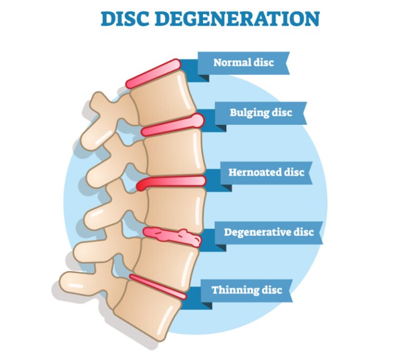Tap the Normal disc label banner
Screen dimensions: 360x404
[x=244, y=63]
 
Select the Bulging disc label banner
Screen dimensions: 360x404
[x=260, y=113]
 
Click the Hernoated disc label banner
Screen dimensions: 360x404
[x=266, y=173]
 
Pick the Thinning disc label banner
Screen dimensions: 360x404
[x=247, y=290]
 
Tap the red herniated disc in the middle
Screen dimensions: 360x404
[x=171, y=182]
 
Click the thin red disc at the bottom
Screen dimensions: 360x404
[x=158, y=286]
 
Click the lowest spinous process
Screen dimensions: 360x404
[x=74, y=281]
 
